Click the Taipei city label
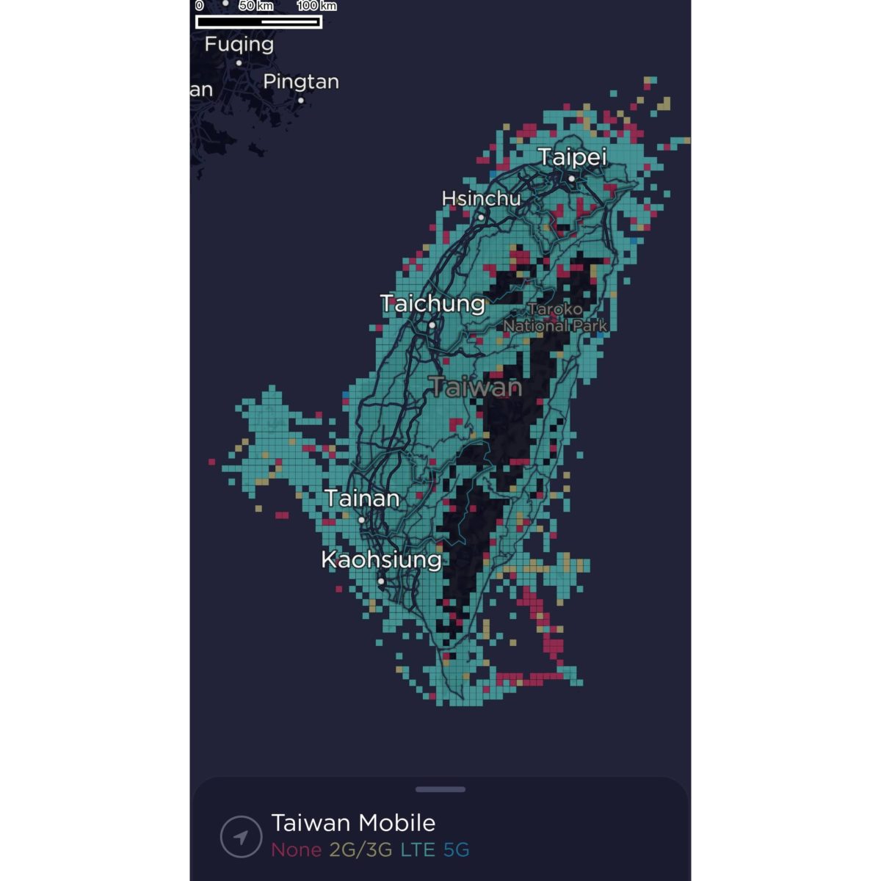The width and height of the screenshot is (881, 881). [x=572, y=157]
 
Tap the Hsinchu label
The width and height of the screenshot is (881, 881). [x=481, y=198]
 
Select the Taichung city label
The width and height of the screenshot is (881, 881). [x=432, y=303]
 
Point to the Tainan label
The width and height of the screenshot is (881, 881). [x=362, y=498]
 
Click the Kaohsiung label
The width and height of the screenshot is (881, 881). [x=381, y=559]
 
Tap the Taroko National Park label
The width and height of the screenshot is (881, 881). [x=555, y=318]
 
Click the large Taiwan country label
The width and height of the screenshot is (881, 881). [x=476, y=387]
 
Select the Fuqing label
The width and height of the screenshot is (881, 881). [x=239, y=44]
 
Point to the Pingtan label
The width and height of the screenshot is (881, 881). [x=301, y=81]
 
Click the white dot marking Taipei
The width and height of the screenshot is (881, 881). [x=572, y=178]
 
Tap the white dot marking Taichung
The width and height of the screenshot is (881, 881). [x=432, y=325]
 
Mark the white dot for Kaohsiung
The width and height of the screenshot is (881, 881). [x=381, y=581]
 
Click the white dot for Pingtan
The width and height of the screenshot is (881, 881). [x=301, y=101]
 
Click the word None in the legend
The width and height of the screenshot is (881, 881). [x=296, y=850]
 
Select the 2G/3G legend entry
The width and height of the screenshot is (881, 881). [x=360, y=850]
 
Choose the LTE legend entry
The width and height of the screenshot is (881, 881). [x=418, y=850]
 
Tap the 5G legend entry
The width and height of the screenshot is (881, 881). [x=456, y=850]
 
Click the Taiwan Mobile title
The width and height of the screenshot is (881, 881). [x=353, y=822]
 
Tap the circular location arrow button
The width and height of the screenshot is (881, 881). [x=241, y=836]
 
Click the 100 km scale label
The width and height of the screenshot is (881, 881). [x=316, y=6]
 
